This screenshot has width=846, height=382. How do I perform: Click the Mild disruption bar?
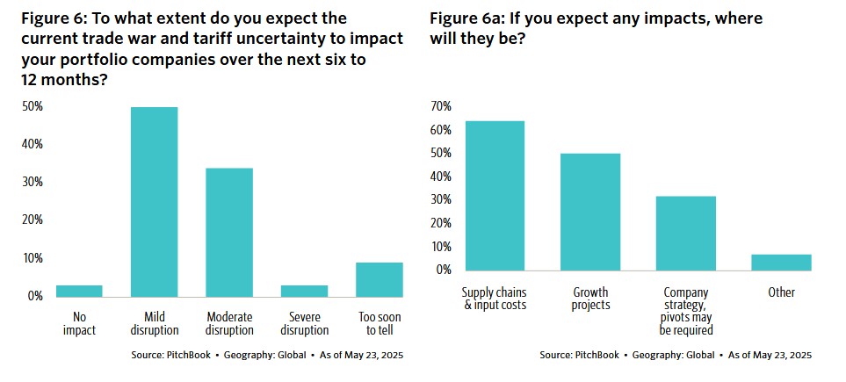[x=154, y=201]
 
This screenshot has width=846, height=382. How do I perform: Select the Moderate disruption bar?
[x=229, y=232]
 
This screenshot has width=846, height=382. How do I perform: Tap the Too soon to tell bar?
[x=380, y=279]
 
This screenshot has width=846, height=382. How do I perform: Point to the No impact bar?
[x=79, y=291]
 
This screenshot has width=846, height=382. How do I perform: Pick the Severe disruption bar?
[x=305, y=291]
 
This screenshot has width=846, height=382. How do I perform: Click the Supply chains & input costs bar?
[x=495, y=195]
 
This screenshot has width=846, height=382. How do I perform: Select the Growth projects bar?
[x=590, y=212]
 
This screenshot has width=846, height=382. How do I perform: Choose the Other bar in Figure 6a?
[x=782, y=262]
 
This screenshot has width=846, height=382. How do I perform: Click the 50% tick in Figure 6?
[x=33, y=106]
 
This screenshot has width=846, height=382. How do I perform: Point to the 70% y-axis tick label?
[x=440, y=106]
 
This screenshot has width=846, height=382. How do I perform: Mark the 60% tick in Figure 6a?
[x=440, y=130]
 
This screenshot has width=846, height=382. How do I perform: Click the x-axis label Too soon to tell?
[x=380, y=323]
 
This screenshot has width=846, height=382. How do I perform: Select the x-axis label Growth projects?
[x=590, y=299]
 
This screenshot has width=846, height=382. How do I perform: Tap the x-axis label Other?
[x=782, y=292]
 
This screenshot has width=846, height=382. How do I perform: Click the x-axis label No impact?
[x=79, y=323]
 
